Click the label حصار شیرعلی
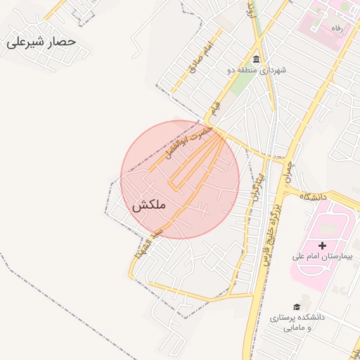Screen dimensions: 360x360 [41, 42]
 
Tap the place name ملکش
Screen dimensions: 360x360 [148, 205]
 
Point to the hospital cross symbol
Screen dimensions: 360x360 [322, 245]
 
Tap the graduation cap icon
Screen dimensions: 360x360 [297, 307]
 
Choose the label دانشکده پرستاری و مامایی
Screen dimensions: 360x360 [298, 323]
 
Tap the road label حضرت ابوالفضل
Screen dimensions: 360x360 [187, 142]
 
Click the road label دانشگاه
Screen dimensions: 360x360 [314, 197]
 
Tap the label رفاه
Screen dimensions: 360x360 [336, 27]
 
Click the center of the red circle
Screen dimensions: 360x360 [180, 179]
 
